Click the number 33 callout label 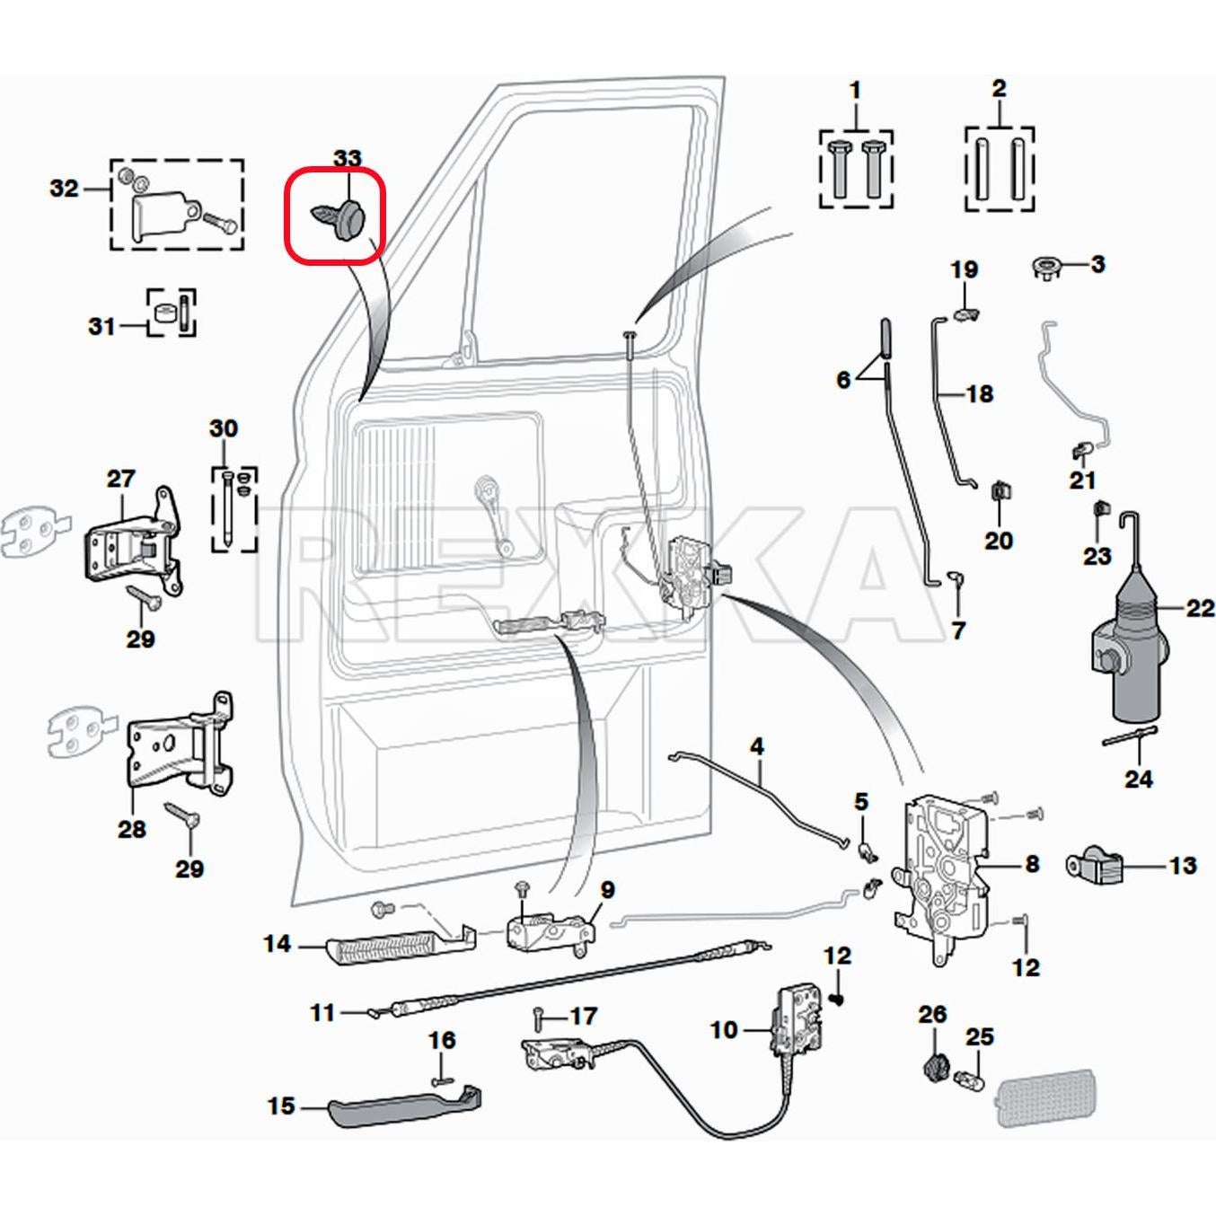tap(347, 159)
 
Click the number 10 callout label tap(724, 1029)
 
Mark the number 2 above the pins tap(999, 89)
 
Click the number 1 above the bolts tap(855, 90)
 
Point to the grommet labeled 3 tap(1046, 267)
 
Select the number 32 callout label tap(64, 189)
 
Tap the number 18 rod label tap(979, 393)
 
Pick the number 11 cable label tap(322, 1012)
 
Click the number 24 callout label tap(1138, 779)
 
